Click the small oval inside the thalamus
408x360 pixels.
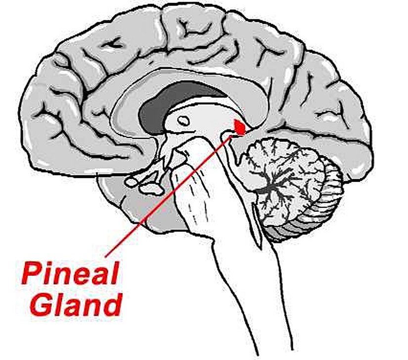[x=183, y=120]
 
